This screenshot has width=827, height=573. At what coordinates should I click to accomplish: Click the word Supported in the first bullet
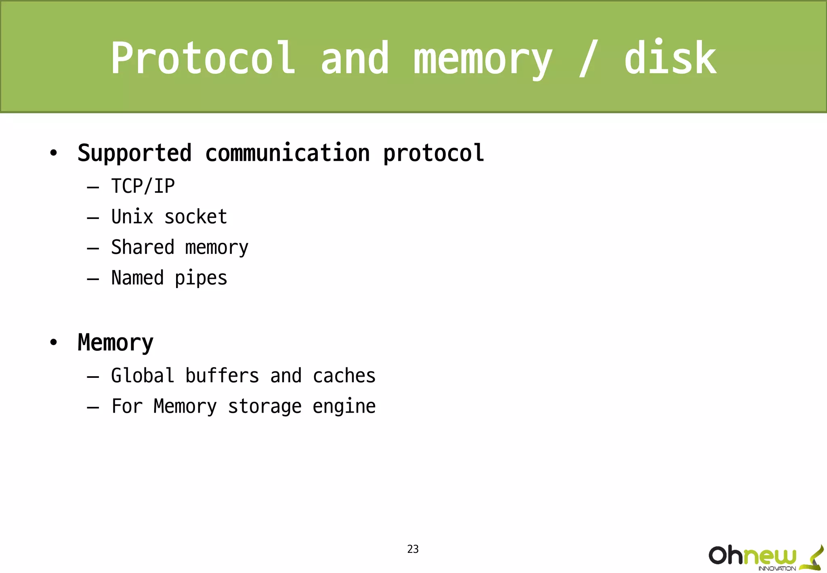point(134,154)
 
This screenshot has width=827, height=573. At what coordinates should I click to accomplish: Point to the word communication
point(287,154)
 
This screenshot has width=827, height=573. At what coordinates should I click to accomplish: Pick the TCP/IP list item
point(143,187)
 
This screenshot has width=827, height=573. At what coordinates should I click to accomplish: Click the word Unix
point(132,217)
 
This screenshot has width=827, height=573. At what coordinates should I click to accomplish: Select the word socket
point(196,217)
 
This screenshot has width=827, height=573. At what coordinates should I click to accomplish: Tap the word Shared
point(143,247)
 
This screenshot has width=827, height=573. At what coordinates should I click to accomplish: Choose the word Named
point(137,278)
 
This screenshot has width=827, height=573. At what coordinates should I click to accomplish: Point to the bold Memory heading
point(115,343)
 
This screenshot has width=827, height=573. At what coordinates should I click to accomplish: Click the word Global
point(143,376)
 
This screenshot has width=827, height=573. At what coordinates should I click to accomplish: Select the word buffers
point(222,376)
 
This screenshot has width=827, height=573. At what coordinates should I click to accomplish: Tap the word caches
point(344,376)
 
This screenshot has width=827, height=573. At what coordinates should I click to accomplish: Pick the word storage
point(264,407)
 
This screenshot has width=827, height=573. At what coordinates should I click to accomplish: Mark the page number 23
point(413,549)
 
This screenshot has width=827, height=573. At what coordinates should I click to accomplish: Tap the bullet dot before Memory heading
point(53,343)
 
